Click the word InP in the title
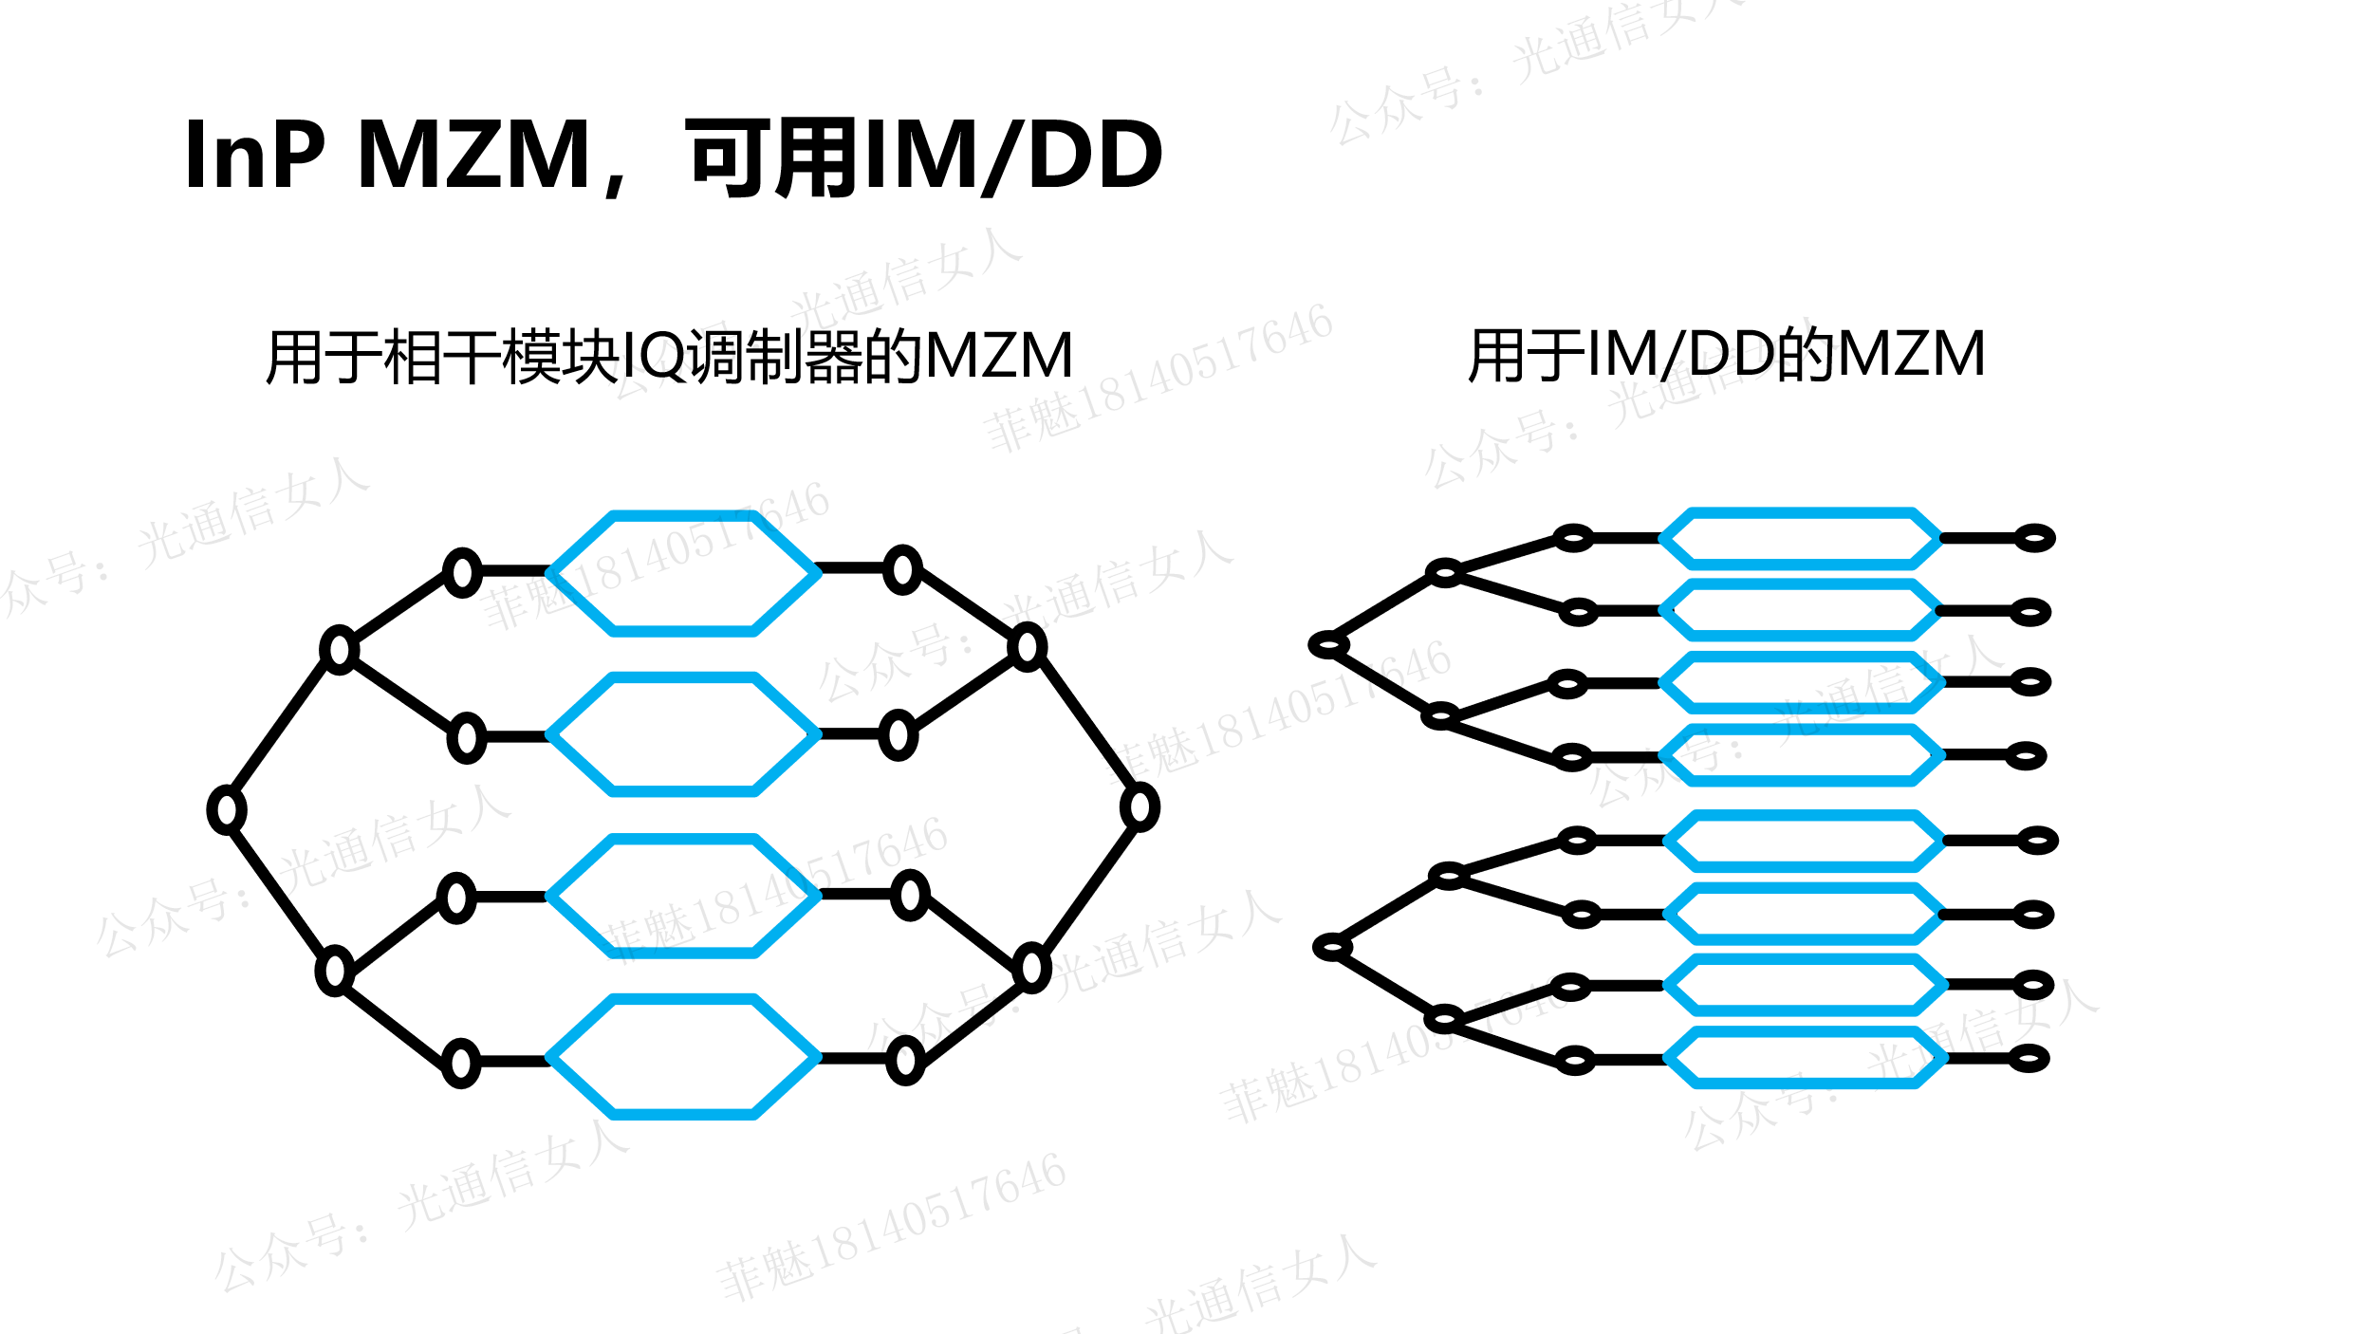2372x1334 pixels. (255, 155)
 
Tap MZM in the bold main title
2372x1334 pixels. (474, 155)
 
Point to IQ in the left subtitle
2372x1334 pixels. (653, 356)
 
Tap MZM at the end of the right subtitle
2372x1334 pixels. (1912, 354)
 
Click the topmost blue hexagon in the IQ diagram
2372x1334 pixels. (683, 573)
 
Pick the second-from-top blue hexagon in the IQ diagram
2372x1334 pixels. (683, 734)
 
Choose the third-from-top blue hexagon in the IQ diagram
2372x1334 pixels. (683, 896)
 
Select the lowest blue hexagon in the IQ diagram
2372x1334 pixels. (683, 1057)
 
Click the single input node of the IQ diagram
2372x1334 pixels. (227, 810)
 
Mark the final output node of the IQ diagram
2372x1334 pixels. (1140, 807)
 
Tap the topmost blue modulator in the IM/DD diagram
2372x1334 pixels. (1801, 539)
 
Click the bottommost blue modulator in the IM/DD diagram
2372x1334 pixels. (1806, 1058)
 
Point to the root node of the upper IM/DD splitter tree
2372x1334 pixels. (1328, 645)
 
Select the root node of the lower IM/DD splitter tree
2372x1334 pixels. (1332, 947)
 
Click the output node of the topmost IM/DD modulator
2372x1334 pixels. (2034, 538)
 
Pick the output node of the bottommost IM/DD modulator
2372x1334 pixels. (2029, 1058)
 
